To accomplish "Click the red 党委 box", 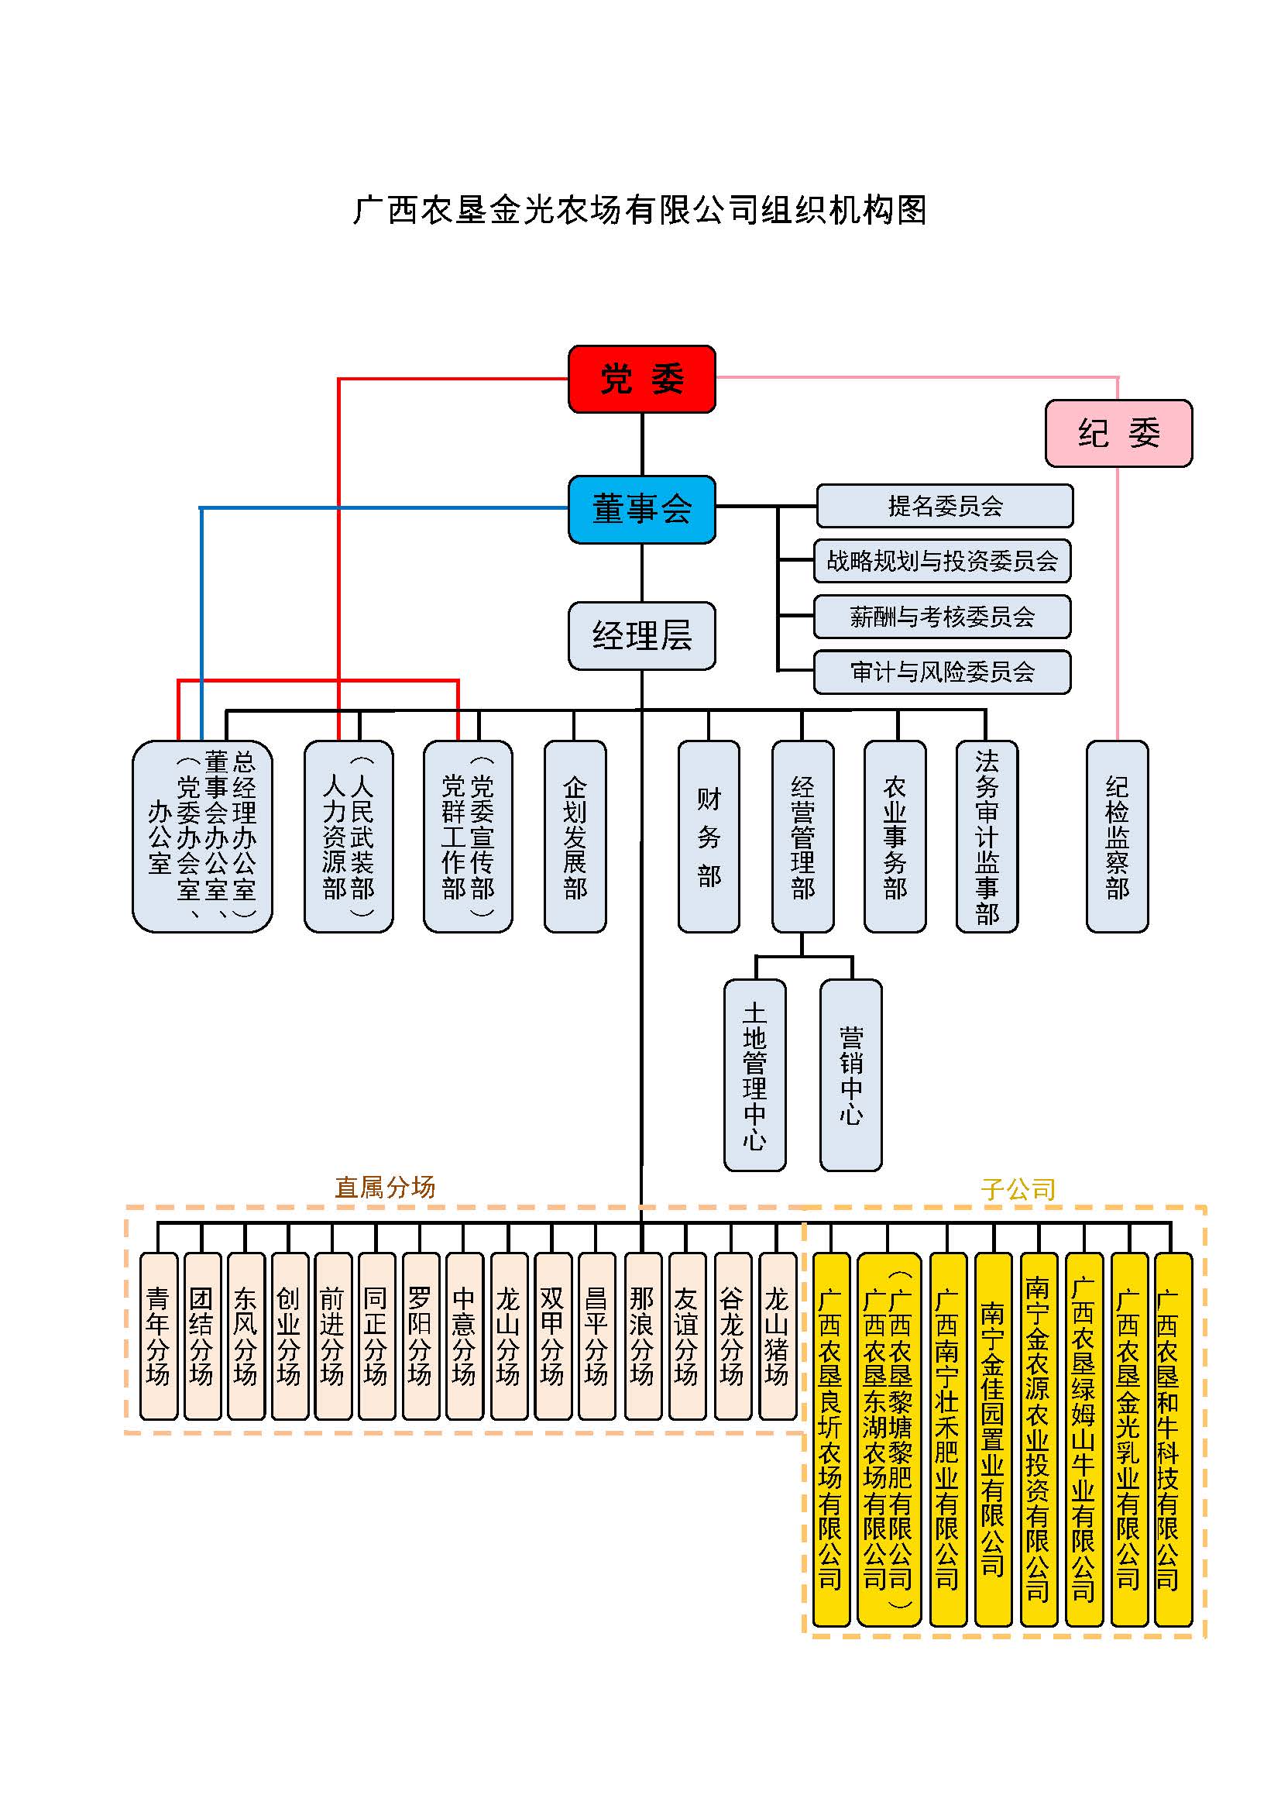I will click(641, 379).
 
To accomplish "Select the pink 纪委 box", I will click(1118, 433).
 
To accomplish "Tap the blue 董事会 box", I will click(641, 509).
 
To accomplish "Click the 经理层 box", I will click(641, 635).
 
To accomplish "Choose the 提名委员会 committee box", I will click(944, 506).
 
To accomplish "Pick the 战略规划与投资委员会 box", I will click(942, 561).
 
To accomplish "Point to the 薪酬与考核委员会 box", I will click(942, 617).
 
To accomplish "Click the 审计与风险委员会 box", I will click(942, 672).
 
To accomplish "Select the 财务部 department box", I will click(709, 837).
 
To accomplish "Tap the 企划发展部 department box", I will click(575, 837).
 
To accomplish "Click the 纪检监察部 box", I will click(1117, 837).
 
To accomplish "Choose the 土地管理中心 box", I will click(755, 1075).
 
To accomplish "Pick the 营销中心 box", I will click(851, 1075).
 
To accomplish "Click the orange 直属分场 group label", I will click(385, 1187).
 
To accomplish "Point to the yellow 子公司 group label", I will click(1018, 1188).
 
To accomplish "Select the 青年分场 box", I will click(158, 1336).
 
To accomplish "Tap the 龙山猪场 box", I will click(777, 1336).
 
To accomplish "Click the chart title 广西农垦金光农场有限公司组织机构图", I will click(640, 210).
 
